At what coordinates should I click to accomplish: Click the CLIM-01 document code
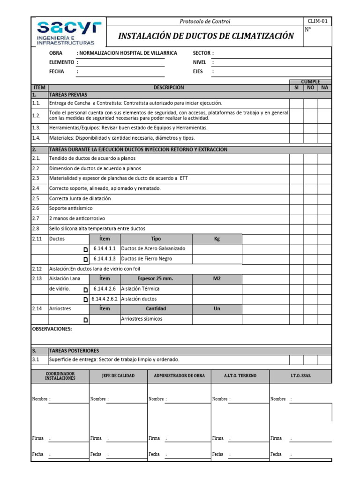(x=318, y=21)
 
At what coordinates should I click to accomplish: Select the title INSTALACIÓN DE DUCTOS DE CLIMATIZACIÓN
(x=206, y=36)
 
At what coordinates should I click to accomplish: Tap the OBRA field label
(x=56, y=53)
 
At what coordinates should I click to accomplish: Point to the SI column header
(x=296, y=88)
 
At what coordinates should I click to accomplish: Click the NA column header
(x=324, y=88)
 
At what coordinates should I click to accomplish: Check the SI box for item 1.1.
(x=296, y=103)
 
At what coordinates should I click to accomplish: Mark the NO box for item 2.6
(x=310, y=208)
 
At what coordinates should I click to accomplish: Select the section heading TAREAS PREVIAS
(x=68, y=95)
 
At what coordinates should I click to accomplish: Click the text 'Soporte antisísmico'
(x=71, y=208)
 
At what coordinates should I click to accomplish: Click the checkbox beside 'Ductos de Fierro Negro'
(x=85, y=259)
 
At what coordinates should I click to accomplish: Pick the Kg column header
(x=217, y=239)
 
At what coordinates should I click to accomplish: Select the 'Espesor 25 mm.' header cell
(x=155, y=278)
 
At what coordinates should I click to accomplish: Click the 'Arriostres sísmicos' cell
(x=142, y=319)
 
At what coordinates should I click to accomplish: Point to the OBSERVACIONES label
(x=52, y=329)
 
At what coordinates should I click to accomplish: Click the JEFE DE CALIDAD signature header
(x=118, y=376)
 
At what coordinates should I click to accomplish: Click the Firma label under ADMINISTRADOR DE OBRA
(x=154, y=438)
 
